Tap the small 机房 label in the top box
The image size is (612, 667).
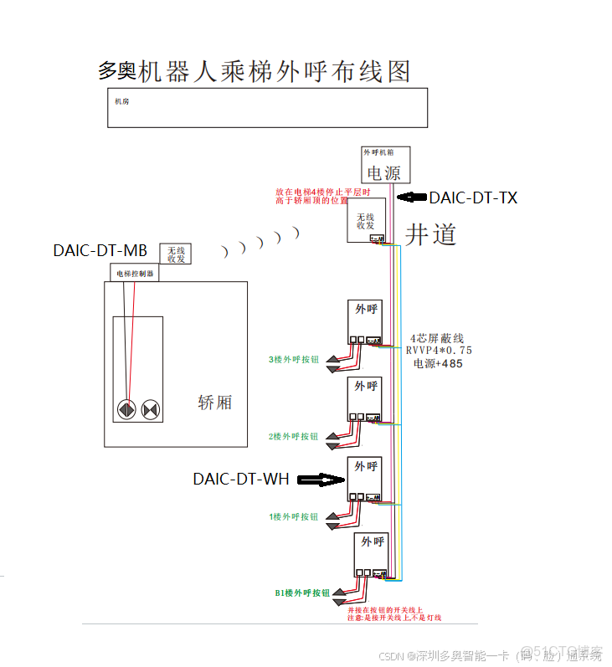[x=122, y=101]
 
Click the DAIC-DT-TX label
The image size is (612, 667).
[x=473, y=198]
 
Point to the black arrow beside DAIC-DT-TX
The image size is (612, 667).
[x=411, y=198]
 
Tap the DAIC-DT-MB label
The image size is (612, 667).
[x=100, y=250]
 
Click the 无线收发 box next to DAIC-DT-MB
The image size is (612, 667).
[x=175, y=254]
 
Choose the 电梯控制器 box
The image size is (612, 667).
[x=134, y=273]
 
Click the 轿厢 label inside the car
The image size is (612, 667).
[x=214, y=403]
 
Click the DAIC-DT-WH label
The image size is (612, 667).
[x=241, y=480]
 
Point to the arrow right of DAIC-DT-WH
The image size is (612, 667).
[x=321, y=480]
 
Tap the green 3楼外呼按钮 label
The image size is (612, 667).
[x=293, y=360]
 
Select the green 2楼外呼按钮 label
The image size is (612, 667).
[x=293, y=437]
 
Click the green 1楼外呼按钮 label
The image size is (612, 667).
[x=293, y=516]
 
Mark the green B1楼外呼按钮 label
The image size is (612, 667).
[x=302, y=593]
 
